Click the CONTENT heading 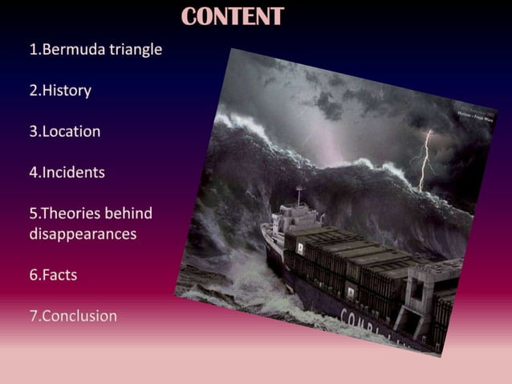click(x=233, y=16)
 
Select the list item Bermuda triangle click(x=95, y=50)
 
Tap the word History click(x=67, y=91)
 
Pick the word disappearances click(x=83, y=235)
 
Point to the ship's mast click(x=299, y=194)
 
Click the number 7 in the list click(x=34, y=317)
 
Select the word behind click(x=129, y=214)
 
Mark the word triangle click(x=136, y=50)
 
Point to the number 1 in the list click(x=34, y=50)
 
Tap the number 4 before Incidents click(x=34, y=173)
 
